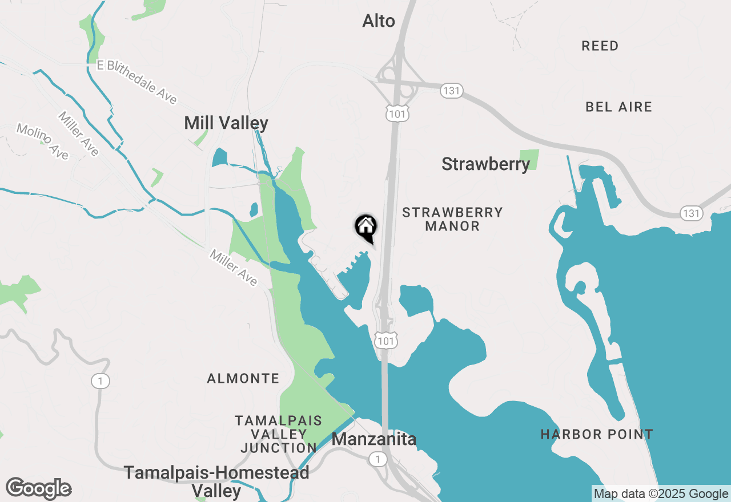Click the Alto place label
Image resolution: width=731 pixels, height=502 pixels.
tap(379, 22)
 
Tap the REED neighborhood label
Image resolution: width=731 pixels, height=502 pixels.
tap(600, 46)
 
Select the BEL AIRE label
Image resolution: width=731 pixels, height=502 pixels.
tap(618, 107)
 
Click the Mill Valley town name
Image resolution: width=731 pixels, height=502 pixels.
tap(226, 123)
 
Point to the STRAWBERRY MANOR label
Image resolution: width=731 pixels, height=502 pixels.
tap(452, 220)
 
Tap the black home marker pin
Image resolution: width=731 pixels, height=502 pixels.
tap(365, 227)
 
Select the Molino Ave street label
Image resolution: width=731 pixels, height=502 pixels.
tap(42, 141)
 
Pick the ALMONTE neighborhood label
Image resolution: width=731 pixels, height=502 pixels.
tap(243, 379)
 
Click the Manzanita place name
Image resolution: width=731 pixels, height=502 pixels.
tap(373, 440)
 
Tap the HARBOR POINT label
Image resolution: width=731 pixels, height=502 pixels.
tap(597, 435)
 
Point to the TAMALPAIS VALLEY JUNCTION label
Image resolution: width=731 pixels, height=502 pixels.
tap(279, 434)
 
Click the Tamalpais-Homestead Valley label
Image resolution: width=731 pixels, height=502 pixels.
tap(216, 481)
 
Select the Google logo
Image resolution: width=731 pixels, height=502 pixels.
tap(39, 489)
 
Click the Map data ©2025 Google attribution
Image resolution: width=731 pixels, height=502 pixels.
tap(661, 493)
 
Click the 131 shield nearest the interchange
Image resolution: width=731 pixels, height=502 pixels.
tap(451, 90)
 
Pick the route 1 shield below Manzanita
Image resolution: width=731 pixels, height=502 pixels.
tap(377, 459)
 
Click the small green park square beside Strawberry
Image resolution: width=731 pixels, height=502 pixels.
tap(529, 160)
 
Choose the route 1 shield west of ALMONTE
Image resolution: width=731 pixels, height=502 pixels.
tap(101, 381)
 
